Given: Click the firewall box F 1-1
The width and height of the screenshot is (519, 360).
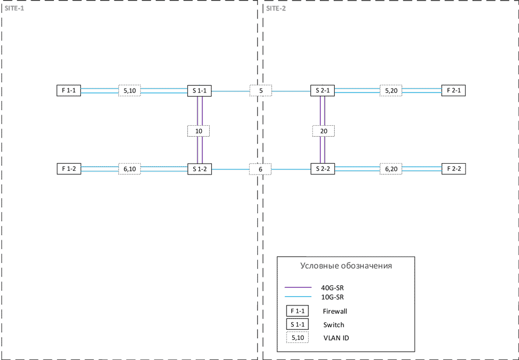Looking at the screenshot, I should (69, 90).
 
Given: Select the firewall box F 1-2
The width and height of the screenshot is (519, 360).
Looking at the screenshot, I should (69, 169).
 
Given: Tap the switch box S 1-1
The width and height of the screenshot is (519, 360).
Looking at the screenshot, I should (199, 90).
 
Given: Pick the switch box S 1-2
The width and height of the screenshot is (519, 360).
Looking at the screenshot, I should (199, 169).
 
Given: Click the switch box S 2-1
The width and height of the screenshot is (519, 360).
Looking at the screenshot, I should (322, 90).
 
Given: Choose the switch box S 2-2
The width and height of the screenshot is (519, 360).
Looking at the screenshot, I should (322, 169).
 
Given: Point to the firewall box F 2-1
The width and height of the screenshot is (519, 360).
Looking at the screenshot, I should (453, 90).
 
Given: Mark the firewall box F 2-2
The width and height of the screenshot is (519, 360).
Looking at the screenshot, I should (453, 169).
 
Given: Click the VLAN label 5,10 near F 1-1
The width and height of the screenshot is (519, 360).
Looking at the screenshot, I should (129, 90).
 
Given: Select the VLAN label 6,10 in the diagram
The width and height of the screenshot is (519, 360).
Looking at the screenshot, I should (129, 169).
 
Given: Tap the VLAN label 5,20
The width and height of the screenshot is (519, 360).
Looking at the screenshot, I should (391, 90).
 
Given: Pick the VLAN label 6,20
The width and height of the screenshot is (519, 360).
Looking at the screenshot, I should (391, 169).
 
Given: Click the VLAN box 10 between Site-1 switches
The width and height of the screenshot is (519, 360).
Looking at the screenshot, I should (199, 131).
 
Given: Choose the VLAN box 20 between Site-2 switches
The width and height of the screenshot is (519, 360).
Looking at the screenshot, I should (324, 131).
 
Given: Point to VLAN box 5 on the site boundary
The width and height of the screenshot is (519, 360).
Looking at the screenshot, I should (261, 90).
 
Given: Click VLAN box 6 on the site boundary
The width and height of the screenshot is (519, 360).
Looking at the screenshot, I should (261, 169).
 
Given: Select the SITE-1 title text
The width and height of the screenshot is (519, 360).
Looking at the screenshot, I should (14, 8).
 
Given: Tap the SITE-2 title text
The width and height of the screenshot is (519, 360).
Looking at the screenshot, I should (276, 8).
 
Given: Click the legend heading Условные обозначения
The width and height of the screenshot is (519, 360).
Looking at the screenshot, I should (346, 266).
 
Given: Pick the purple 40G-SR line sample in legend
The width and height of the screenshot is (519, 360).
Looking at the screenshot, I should (298, 287).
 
